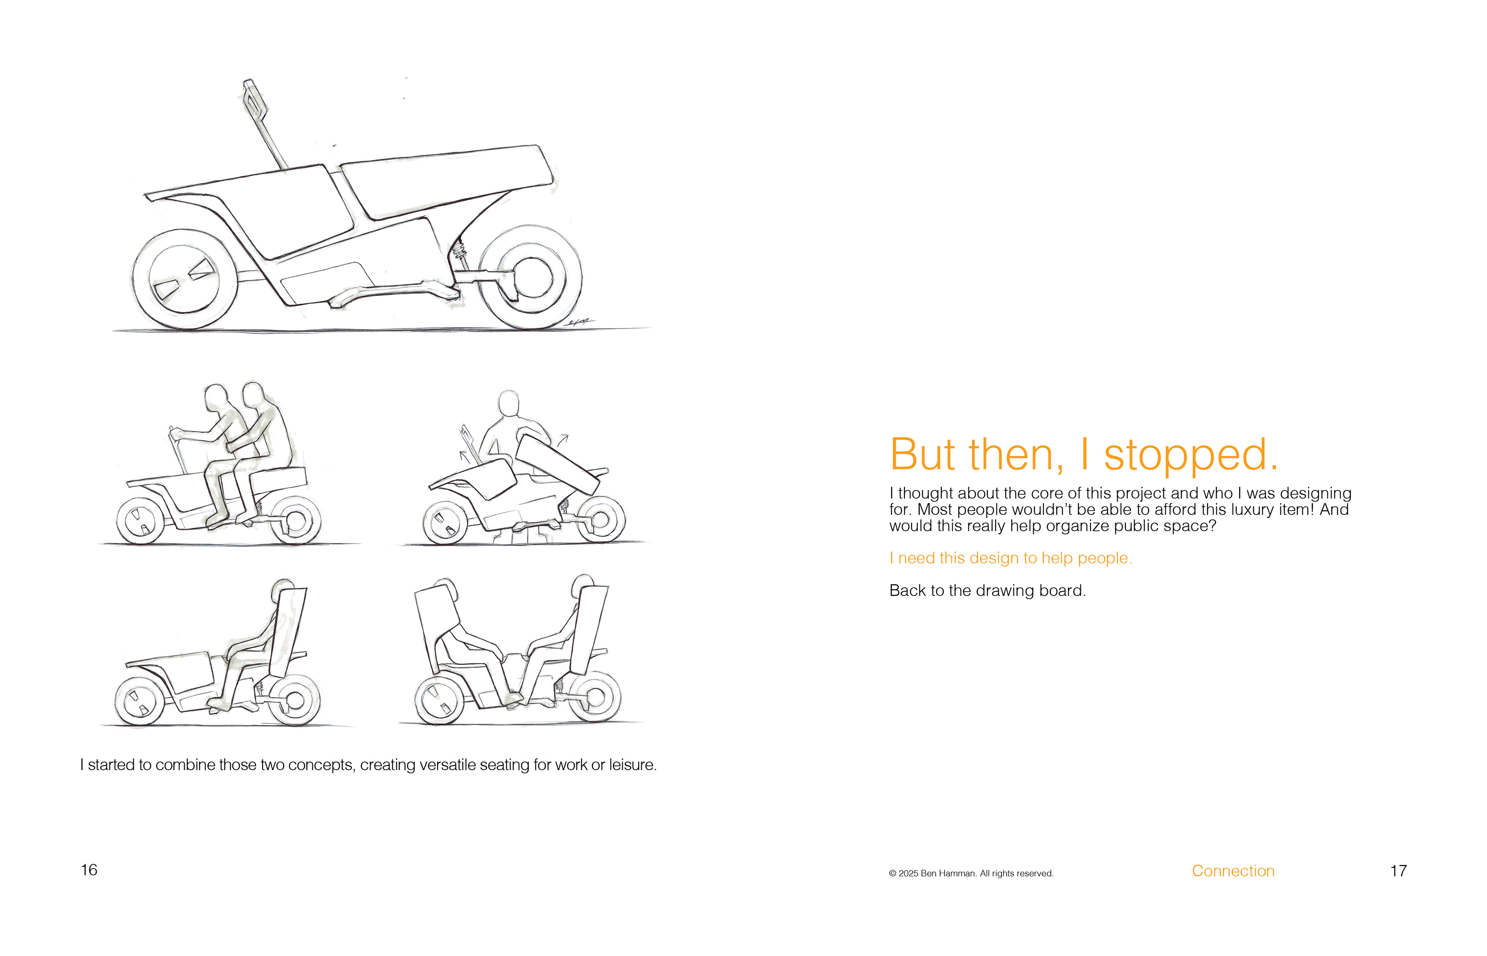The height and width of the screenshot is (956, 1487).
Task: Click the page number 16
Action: coord(89,870)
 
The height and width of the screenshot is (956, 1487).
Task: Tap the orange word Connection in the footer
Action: coord(1233,871)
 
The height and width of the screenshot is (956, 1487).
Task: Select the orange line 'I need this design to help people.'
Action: coord(1010,558)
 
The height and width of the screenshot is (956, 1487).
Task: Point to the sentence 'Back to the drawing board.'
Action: coord(987,590)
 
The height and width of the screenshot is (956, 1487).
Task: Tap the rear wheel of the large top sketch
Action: coord(531,277)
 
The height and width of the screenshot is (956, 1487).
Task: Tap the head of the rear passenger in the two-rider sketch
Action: coord(253,393)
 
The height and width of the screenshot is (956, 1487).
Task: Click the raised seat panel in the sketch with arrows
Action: coord(557,462)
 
